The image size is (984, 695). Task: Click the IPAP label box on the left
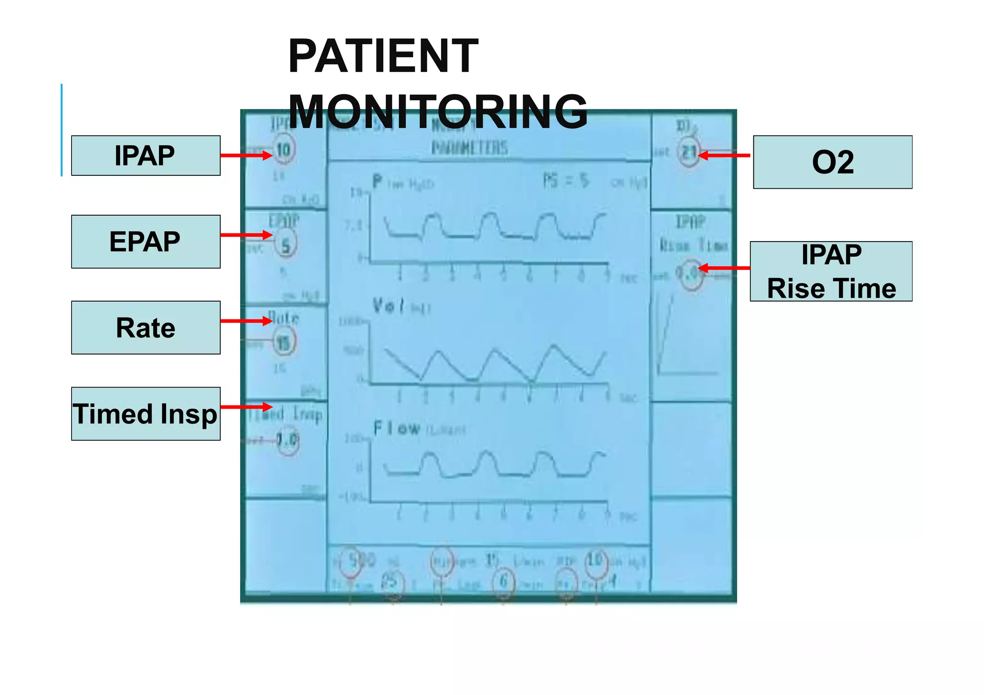coord(146,156)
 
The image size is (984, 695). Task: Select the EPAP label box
coord(146,242)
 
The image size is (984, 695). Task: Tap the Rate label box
coord(146,328)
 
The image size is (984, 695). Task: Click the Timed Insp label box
coord(146,414)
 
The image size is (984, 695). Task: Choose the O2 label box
coord(832,162)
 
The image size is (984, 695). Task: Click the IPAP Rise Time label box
coord(831,271)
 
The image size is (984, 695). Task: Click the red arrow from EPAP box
coord(246,235)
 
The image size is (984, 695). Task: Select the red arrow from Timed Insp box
coord(246,407)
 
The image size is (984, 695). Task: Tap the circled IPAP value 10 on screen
coord(283,150)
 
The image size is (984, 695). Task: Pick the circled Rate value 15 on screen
coord(283,343)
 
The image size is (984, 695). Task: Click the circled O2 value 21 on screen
coord(689,153)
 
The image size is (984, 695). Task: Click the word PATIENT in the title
coord(383,56)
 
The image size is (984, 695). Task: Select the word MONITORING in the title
coord(438,112)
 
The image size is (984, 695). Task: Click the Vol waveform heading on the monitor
coord(389,305)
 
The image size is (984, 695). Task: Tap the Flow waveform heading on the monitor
coord(397,428)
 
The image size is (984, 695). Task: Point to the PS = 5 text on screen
coord(566,181)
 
